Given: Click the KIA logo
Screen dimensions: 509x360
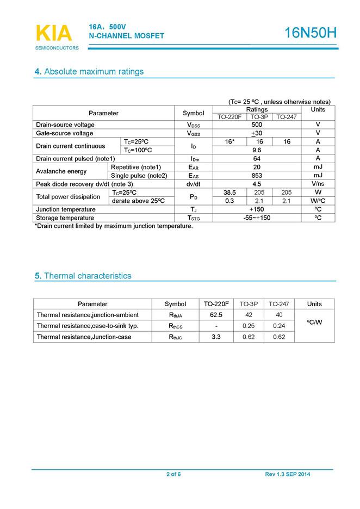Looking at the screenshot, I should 53,34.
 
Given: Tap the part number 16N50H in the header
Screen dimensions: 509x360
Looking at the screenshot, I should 311,33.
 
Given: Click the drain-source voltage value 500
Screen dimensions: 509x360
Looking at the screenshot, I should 257,125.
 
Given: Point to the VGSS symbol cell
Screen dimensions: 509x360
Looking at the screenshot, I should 193,133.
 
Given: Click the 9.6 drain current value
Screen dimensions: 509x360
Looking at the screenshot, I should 257,150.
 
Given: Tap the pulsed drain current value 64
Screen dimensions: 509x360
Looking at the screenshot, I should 257,159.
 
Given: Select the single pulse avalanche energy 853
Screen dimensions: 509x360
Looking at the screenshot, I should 257,176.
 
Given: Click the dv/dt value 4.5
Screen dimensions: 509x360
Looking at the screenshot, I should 257,184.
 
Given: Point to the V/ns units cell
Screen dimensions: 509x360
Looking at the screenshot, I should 318,184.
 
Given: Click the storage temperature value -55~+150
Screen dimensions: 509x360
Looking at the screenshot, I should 257,218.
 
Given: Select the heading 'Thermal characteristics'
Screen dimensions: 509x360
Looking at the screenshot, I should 87,276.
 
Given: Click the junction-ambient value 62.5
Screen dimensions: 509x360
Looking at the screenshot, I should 216,315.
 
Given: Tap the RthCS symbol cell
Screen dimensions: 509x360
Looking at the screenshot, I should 175,326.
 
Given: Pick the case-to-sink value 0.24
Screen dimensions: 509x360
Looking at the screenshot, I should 279,326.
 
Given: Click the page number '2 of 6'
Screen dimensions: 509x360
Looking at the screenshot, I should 173,475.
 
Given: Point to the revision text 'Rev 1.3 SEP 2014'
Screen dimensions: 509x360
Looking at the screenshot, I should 288,475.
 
